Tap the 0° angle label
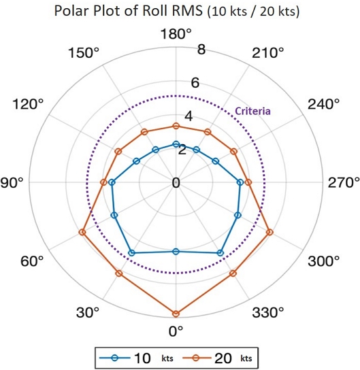coord(176,331)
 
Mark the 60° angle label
coord(31,260)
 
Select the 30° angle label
coord(88,312)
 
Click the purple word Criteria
coord(252,111)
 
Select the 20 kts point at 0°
coord(176,314)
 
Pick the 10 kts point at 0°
coord(176,252)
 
